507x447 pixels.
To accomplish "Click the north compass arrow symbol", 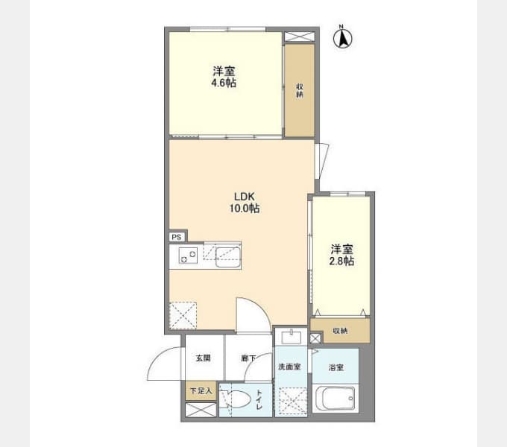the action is [343, 38].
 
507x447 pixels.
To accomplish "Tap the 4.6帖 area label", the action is [224, 83].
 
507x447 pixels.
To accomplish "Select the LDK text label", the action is [245, 197].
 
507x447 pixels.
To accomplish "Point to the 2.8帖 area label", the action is [341, 261].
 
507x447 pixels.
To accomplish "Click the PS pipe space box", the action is [177, 238].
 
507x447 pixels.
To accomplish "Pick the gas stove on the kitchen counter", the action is [188, 256].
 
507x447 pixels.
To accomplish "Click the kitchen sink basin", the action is [228, 258].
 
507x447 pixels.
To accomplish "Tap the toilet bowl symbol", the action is [236, 399].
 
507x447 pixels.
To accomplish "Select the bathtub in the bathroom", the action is [336, 399].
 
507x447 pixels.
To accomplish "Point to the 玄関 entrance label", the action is [204, 358].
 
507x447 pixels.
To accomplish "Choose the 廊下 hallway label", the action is [248, 358].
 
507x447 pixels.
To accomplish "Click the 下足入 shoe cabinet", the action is [201, 391].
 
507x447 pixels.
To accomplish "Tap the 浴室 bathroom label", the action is [336, 367].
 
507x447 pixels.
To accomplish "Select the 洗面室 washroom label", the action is [290, 367].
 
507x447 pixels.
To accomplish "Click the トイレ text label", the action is [259, 400].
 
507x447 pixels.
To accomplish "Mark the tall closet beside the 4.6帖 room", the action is [300, 90].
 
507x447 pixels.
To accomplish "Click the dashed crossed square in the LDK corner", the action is [183, 315].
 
